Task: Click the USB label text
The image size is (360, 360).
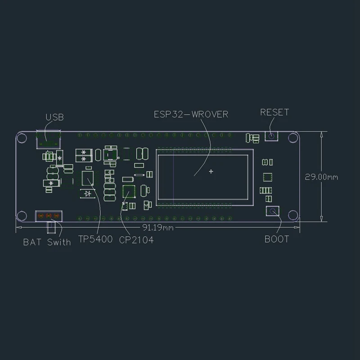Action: [x=54, y=117]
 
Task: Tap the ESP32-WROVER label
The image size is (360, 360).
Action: [x=191, y=114]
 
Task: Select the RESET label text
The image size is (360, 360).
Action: [x=274, y=112]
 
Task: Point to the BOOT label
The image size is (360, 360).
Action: [x=277, y=239]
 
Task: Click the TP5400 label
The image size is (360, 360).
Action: [x=95, y=239]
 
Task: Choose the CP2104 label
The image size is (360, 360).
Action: [x=136, y=240]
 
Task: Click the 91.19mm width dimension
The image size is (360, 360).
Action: [x=158, y=228]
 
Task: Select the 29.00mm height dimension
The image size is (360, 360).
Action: [x=321, y=177]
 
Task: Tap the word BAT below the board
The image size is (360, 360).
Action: [x=32, y=242]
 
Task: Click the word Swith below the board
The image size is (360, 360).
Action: [x=59, y=242]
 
